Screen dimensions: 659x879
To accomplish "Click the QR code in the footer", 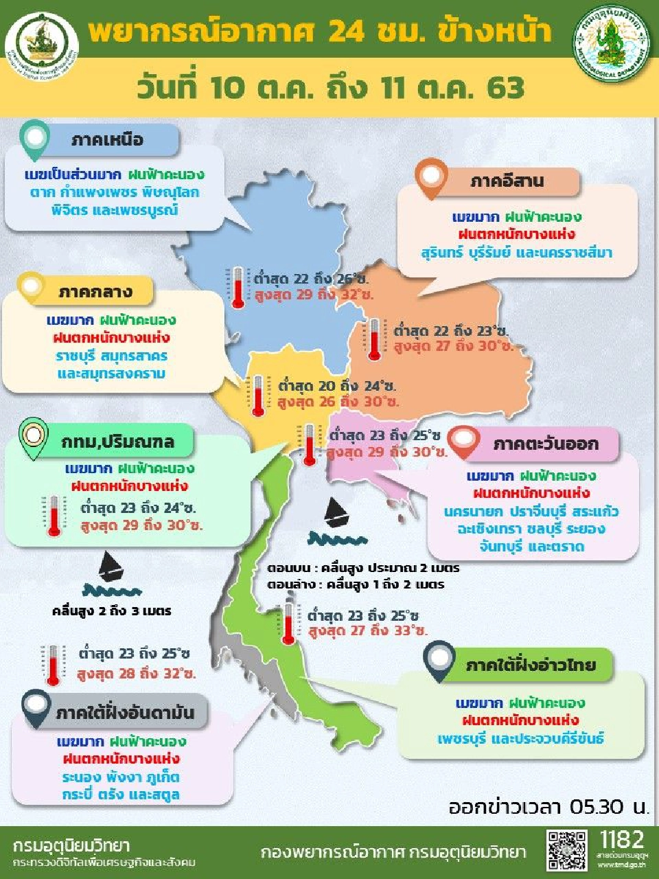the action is pyautogui.click(x=567, y=851).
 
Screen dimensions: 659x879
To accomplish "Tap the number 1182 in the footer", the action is pyautogui.click(x=621, y=839).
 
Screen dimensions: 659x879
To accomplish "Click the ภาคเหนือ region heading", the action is pyautogui.click(x=107, y=140).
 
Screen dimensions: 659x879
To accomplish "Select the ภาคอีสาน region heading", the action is pyautogui.click(x=507, y=181).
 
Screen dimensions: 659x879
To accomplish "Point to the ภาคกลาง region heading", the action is pyautogui.click(x=95, y=292).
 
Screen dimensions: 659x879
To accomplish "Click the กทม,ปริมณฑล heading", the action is pyautogui.click(x=117, y=442).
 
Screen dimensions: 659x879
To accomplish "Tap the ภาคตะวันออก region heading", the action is pyautogui.click(x=545, y=444).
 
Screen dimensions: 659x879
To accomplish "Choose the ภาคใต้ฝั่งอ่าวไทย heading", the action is pyautogui.click(x=530, y=665).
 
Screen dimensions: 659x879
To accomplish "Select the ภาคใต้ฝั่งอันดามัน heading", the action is pyautogui.click(x=125, y=713).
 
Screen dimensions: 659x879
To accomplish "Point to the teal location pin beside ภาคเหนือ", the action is pyautogui.click(x=35, y=139).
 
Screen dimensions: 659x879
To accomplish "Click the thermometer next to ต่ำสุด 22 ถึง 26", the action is pyautogui.click(x=238, y=288).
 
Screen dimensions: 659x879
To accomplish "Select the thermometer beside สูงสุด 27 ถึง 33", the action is pyautogui.click(x=289, y=622).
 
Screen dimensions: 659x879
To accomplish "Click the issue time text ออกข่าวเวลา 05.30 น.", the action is pyautogui.click(x=548, y=806).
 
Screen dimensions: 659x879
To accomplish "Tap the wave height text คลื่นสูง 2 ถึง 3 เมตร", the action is pyautogui.click(x=112, y=610).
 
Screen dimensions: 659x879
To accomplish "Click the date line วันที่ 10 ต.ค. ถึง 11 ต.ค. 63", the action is pyautogui.click(x=330, y=88).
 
